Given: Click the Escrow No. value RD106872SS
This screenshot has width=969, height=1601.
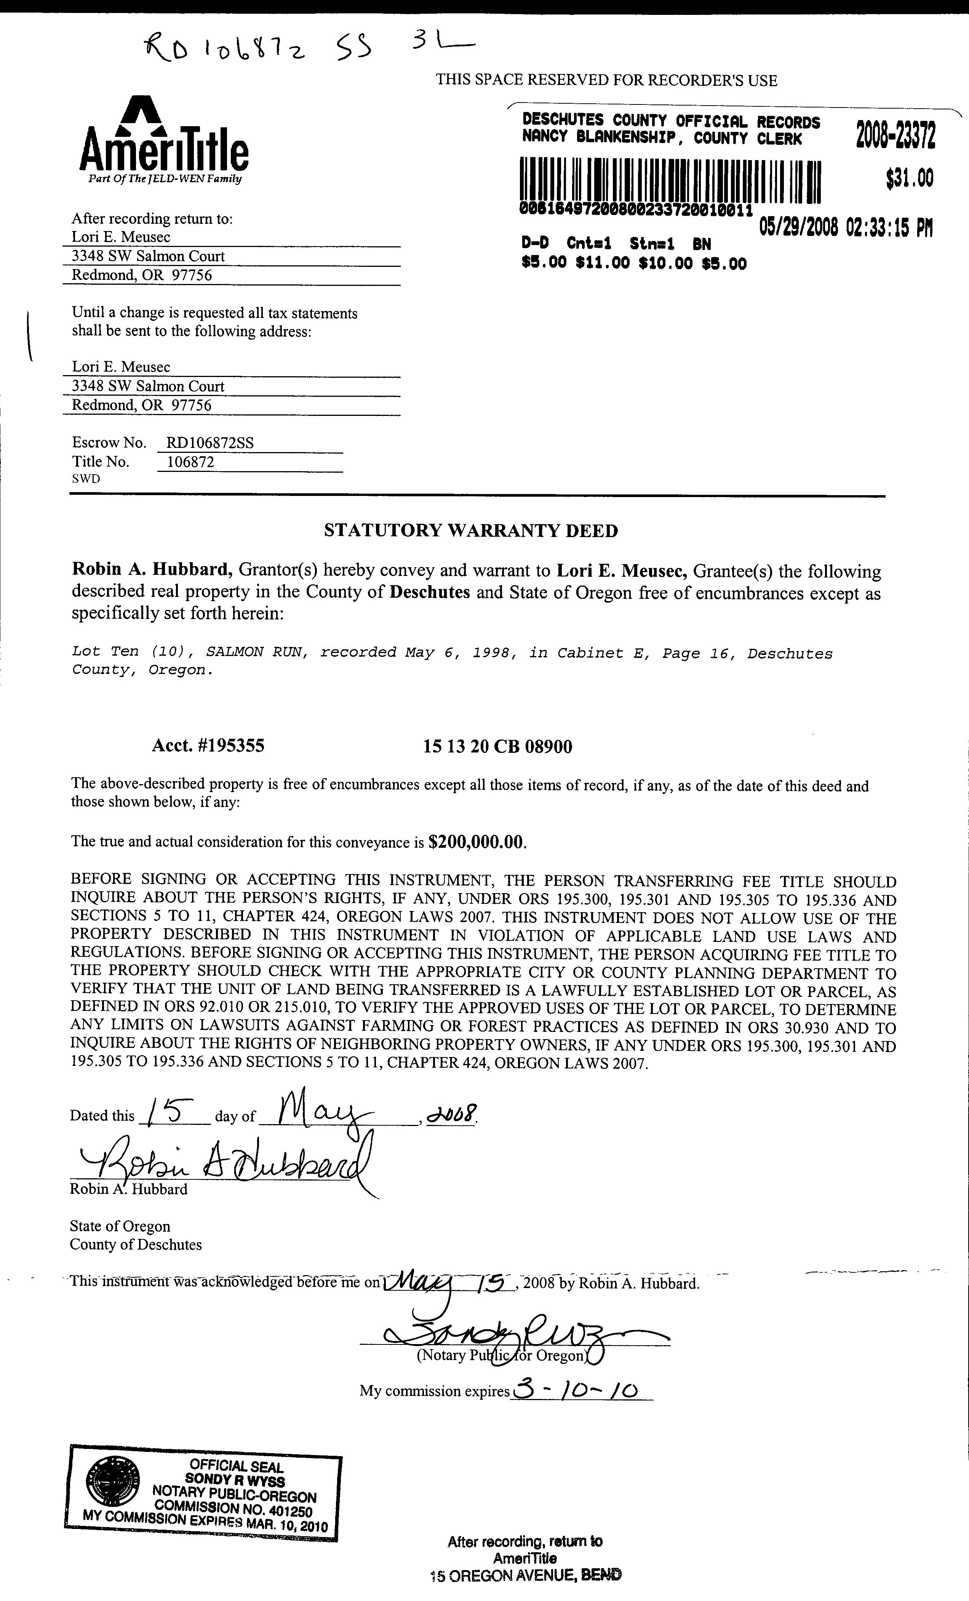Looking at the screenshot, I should point(210,443).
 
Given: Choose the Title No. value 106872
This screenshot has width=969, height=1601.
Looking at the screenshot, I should point(190,462).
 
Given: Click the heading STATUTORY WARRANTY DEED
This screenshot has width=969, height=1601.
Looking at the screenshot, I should point(471,531).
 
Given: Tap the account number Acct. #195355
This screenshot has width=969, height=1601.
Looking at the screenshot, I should point(208,746).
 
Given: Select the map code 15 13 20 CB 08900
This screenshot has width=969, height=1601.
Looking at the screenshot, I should point(497,747).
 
